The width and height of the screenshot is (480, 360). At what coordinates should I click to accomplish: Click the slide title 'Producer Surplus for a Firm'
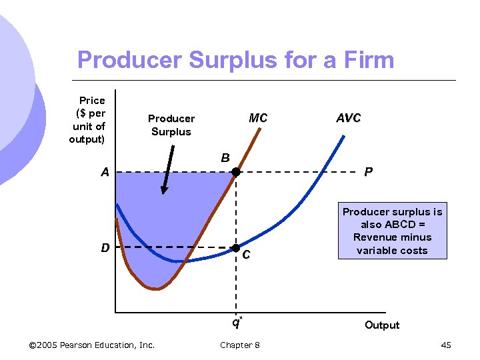coord(235,60)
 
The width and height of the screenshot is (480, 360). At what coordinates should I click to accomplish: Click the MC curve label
coord(258,118)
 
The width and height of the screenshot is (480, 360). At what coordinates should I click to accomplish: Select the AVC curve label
coord(348,118)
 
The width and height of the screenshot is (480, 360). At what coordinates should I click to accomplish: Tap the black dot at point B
coord(235,172)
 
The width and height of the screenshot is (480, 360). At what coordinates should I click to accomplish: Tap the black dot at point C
coord(235,248)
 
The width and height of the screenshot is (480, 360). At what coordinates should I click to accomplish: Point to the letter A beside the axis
coord(105,173)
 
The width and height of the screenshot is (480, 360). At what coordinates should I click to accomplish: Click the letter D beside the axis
coord(105,248)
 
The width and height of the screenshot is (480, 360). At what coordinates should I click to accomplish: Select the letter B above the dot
coord(225,158)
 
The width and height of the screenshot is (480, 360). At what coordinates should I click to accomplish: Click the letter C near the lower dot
coord(247,255)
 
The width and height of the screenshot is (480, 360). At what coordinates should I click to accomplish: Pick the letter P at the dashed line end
coord(368,173)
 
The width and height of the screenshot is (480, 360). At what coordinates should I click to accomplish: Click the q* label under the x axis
coord(236,323)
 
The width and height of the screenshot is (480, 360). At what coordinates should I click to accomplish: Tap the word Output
coord(381,325)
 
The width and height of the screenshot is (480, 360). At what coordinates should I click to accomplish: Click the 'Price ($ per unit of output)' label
coord(88,119)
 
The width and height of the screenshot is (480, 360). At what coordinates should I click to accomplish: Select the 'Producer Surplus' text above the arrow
coord(171,125)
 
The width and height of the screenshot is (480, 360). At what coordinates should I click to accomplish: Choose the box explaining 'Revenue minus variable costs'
coord(392,231)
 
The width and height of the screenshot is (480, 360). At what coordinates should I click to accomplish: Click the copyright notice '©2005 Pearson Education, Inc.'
coord(92,345)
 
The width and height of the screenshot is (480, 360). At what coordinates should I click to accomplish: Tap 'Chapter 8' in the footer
coord(239,345)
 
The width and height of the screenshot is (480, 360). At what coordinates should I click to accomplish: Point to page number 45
coord(446,345)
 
